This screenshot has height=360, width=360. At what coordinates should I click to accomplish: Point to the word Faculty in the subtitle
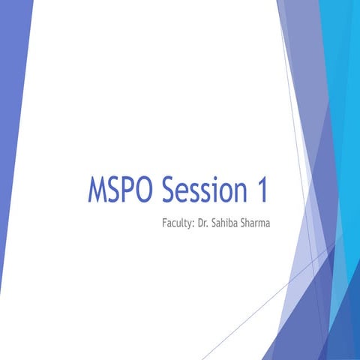(178, 223)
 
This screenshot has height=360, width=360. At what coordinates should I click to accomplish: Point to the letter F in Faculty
(164, 223)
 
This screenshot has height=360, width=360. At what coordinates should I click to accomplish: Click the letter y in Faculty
(190, 224)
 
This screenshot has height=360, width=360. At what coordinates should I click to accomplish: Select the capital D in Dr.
(200, 223)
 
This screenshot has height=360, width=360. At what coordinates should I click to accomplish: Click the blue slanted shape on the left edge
(11, 150)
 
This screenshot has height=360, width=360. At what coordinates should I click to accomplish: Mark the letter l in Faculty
(182, 223)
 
